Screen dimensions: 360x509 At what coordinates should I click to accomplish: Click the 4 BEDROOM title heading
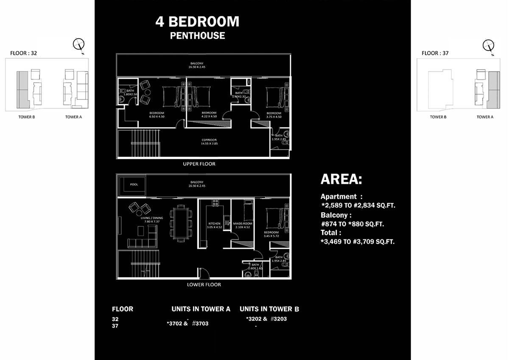point(197,22)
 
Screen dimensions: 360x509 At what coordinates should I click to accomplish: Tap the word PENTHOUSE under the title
point(197,36)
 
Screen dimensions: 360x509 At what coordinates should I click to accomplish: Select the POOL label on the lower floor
point(134,185)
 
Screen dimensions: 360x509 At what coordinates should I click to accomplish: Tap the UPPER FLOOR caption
point(199,164)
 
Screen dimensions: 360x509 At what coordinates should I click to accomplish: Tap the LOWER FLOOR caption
point(204,284)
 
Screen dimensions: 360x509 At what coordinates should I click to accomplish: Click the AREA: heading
point(341,180)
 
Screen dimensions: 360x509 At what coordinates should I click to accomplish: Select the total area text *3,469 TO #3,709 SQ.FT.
point(358,242)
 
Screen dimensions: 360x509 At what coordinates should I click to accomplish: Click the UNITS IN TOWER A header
point(201,309)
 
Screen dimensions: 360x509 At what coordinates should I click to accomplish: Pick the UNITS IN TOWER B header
point(269,309)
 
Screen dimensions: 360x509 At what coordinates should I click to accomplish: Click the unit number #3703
point(200,323)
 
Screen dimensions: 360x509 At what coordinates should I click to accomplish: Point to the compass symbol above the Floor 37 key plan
point(488,45)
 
